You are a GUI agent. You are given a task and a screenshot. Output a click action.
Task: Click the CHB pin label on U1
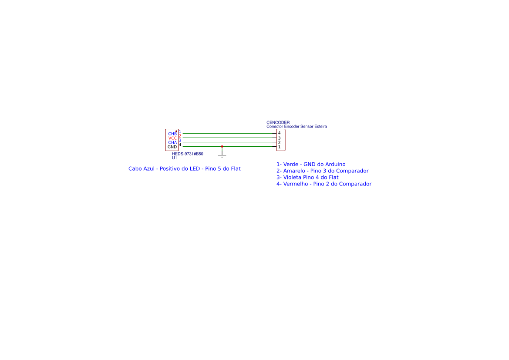tap(172, 134)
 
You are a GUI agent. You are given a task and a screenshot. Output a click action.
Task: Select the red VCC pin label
tap(172, 138)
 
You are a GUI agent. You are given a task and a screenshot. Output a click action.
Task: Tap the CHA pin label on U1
tap(172, 142)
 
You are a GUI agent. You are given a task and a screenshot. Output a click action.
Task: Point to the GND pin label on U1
tap(172, 147)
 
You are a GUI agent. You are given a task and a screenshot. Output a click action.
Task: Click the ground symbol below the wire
tap(222, 156)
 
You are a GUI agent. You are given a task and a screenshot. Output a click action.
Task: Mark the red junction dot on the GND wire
tap(222, 146)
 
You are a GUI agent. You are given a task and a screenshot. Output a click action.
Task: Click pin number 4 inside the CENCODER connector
tap(279, 133)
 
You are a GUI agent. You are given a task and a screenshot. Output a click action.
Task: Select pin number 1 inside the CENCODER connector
tap(279, 147)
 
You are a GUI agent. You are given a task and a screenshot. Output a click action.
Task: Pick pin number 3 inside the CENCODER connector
tap(279, 138)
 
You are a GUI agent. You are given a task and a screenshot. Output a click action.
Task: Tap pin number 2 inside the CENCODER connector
tap(279, 142)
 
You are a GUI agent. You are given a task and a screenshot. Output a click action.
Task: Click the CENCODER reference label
tap(278, 122)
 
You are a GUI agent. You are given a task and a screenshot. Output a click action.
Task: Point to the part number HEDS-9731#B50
tap(188, 154)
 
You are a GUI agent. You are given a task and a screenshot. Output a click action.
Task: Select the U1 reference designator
tap(175, 158)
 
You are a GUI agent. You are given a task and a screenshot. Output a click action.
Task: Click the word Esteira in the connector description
tap(320, 127)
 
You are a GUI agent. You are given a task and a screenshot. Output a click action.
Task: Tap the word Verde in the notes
tap(290, 164)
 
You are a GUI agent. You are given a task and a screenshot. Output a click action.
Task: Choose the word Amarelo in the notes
tap(294, 171)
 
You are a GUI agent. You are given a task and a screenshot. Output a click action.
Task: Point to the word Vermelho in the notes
tap(295, 184)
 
